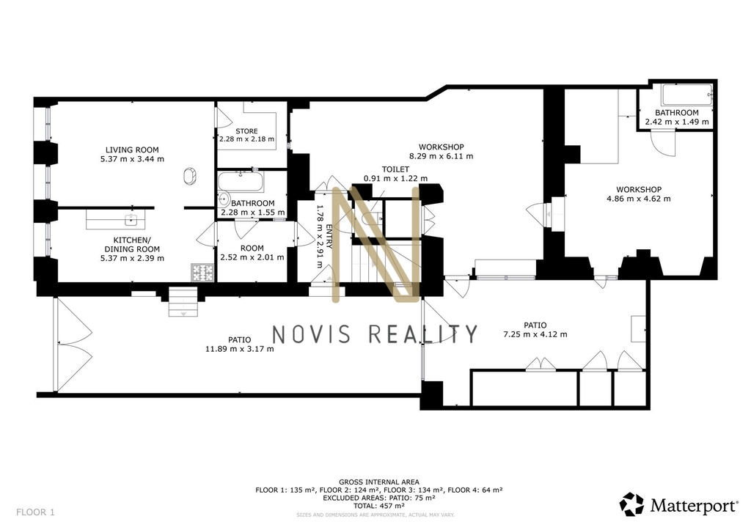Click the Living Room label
coord(132,150)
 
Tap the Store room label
coord(246,131)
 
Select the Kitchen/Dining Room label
coord(132,244)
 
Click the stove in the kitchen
coord(202,273)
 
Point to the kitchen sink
coord(131,220)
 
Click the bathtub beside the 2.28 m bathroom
coord(241,182)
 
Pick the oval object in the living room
coord(190,176)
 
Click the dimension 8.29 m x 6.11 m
coord(441,156)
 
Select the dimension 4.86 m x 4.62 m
coord(639,199)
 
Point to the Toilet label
coord(395,169)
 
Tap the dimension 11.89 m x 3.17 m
coord(240,349)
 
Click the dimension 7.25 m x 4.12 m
coord(535,334)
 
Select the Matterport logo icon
coord(631,504)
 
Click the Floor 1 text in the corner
coord(35,512)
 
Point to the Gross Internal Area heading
coord(379,482)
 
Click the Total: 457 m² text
coord(379,506)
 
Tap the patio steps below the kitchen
coord(183,301)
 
